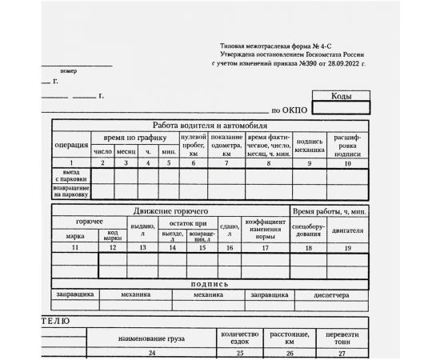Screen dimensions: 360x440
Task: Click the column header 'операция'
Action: [72, 145]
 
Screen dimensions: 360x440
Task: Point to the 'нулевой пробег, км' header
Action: [193, 145]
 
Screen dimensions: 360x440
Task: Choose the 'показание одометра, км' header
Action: [227, 145]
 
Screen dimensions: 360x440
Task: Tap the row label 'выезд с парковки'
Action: [72, 176]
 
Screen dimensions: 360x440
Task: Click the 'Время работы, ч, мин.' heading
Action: [330, 210]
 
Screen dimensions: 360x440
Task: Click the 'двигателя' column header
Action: [348, 230]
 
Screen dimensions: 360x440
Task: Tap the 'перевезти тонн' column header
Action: [342, 337]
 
